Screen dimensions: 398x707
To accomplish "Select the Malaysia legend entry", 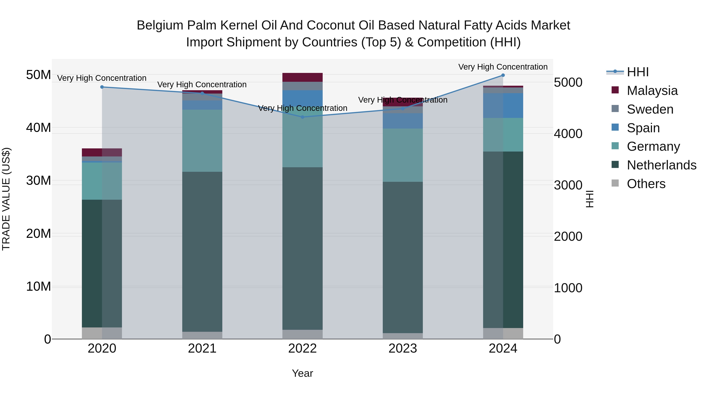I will click(652, 91).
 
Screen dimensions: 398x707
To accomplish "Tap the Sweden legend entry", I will click(650, 109).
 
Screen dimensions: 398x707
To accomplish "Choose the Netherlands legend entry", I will click(661, 165).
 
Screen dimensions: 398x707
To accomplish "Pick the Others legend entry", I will click(646, 184).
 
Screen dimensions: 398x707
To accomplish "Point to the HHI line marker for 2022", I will click(302, 117).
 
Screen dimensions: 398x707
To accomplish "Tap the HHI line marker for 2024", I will click(503, 75).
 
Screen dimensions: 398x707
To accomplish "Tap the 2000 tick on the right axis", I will click(568, 236).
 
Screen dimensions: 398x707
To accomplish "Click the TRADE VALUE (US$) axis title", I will click(6, 199).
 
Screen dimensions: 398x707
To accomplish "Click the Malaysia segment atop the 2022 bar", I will click(302, 77).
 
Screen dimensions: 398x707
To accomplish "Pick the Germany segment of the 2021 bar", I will click(202, 141).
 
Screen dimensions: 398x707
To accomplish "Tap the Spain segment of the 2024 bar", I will click(503, 106).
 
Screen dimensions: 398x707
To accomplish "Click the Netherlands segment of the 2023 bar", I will click(403, 257).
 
